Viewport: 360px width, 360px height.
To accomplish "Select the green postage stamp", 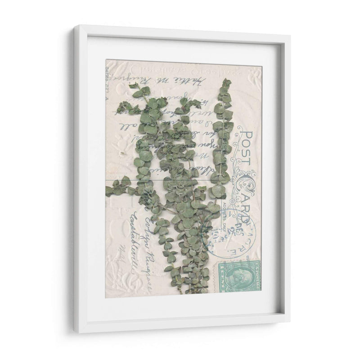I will coord(239,277).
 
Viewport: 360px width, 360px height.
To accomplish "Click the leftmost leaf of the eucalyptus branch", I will coord(108,191).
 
